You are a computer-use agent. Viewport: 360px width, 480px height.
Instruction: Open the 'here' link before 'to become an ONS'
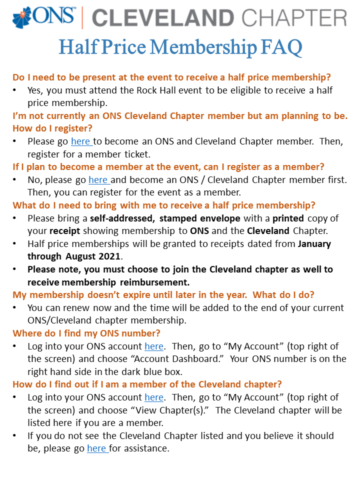(81, 141)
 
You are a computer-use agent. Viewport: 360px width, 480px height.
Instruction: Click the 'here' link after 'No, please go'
(98, 179)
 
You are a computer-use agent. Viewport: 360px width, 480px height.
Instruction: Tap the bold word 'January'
(314, 244)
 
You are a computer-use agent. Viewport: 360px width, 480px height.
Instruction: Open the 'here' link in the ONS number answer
(154, 346)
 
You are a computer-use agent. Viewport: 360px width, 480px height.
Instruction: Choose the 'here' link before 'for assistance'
(96, 448)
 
